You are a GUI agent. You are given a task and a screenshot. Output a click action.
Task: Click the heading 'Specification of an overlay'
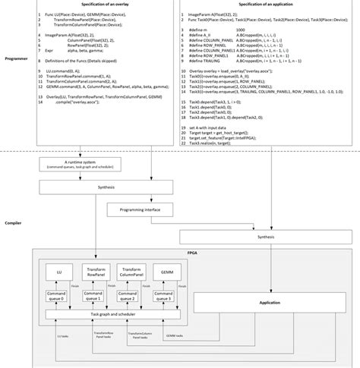pos(103,5)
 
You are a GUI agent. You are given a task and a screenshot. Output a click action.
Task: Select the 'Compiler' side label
pos(13,223)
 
